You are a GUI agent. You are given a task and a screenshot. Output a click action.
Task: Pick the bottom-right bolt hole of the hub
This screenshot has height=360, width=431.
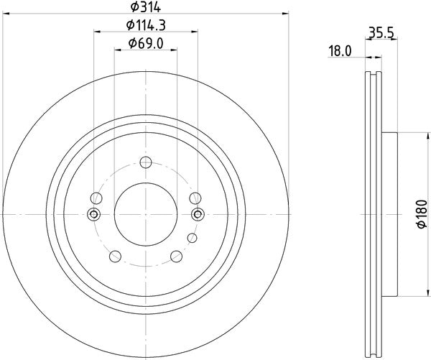pyautogui.click(x=177, y=257)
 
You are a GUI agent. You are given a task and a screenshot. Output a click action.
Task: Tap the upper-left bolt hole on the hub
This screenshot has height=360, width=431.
pyautogui.click(x=96, y=198)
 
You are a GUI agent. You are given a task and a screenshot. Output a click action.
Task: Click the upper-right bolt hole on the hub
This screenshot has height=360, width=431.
pyautogui.click(x=194, y=198)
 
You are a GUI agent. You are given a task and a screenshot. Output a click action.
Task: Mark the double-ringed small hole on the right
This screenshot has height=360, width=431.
pyautogui.click(x=198, y=213)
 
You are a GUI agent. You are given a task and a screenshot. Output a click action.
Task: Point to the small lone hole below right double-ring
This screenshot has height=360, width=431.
pyautogui.click(x=191, y=237)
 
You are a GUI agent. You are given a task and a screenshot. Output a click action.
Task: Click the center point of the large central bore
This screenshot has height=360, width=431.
pyautogui.click(x=145, y=213)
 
